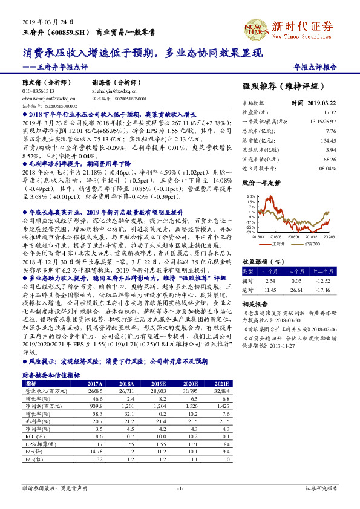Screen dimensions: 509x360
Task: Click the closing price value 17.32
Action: pyautogui.click(x=347, y=112)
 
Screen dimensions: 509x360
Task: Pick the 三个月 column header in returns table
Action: pyautogui.click(x=296, y=271)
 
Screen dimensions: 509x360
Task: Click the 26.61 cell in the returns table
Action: pyautogui.click(x=296, y=290)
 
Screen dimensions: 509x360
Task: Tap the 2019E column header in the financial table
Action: pyautogui.click(x=159, y=384)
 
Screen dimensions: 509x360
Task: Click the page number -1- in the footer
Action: pyautogui.click(x=180, y=487)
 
